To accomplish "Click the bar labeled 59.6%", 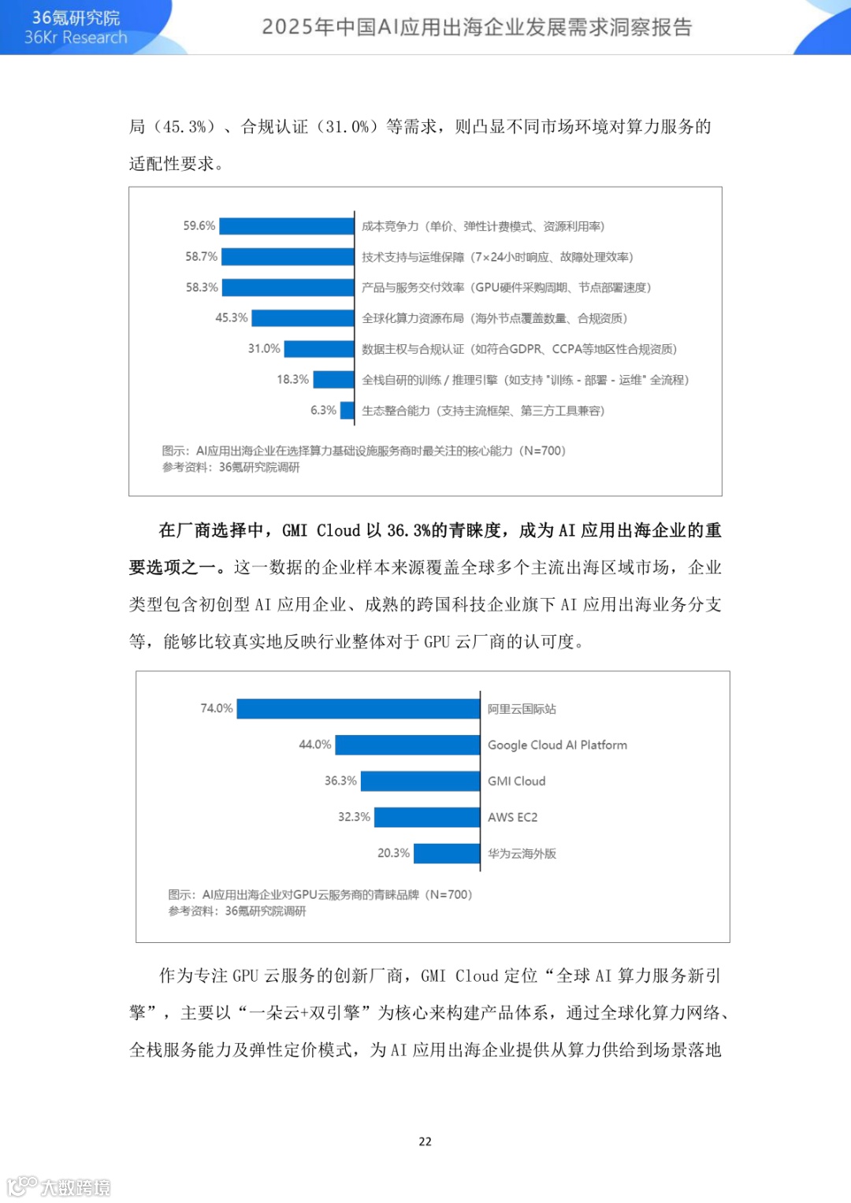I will tap(287, 226).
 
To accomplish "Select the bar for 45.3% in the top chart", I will tap(303, 317).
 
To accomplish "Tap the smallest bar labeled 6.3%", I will tap(347, 410).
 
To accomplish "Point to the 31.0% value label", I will tap(264, 348).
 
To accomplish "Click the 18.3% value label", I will tap(292, 379).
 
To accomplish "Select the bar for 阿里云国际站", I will tap(359, 708).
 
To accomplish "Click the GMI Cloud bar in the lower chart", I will tap(420, 781).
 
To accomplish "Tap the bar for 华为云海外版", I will tap(447, 853).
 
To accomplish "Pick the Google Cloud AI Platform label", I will tap(557, 744).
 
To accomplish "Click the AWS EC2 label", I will tap(512, 817).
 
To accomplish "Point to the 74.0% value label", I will tap(217, 708).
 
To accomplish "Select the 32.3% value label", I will tap(354, 817).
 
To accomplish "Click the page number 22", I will tap(425, 1142).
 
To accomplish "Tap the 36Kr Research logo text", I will tap(76, 37).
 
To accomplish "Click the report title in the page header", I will tap(477, 27).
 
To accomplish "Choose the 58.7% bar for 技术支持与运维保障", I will tap(288, 257).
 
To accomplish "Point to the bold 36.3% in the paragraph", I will tap(408, 530).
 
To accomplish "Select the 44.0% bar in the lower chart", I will tap(407, 744).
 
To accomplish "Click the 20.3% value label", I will tap(393, 853).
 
